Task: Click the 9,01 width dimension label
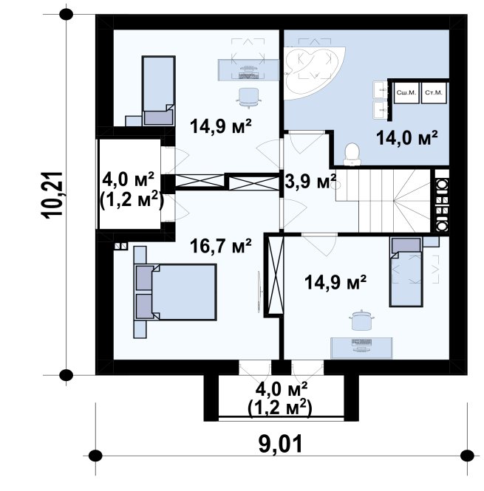[281, 444]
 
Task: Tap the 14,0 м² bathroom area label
[406, 137]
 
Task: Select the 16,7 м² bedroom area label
[221, 245]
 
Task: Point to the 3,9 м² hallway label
[310, 182]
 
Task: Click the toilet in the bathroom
[352, 154]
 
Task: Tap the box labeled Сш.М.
[406, 93]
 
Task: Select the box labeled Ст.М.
[434, 93]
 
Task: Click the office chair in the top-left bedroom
[248, 97]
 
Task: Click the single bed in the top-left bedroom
[159, 91]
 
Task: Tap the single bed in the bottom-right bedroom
[406, 272]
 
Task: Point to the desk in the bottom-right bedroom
[362, 348]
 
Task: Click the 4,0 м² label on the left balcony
[129, 180]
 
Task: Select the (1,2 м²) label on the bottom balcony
[279, 408]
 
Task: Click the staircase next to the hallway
[383, 201]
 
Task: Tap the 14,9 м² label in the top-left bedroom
[221, 126]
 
